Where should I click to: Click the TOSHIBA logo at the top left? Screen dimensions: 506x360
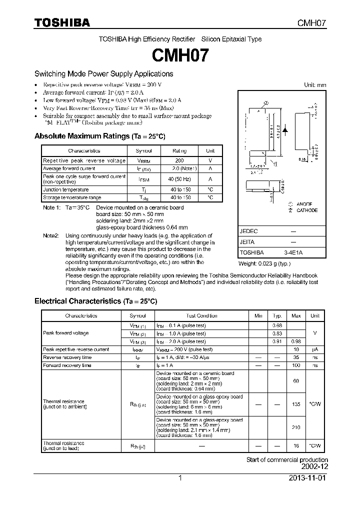[62, 22]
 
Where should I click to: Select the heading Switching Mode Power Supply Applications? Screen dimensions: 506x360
[103, 74]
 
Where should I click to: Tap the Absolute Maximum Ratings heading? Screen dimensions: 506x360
[99, 136]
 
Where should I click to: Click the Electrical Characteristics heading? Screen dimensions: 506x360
[95, 301]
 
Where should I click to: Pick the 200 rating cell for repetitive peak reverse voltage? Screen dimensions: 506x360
[179, 160]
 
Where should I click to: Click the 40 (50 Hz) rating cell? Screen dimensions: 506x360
[179, 179]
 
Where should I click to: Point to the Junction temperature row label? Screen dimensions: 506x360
[66, 190]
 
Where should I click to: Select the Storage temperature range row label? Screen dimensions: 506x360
[72, 197]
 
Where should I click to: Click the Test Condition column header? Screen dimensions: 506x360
[201, 315]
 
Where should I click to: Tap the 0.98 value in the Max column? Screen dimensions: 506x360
[296, 341]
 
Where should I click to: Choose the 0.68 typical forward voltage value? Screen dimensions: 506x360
[277, 325]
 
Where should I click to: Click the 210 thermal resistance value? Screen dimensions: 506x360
[296, 427]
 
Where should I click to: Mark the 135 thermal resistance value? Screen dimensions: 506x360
[296, 403]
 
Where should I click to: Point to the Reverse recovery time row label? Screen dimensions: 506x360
[67, 357]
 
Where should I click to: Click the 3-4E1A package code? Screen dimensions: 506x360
[293, 253]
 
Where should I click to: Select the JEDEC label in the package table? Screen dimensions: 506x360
[248, 231]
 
